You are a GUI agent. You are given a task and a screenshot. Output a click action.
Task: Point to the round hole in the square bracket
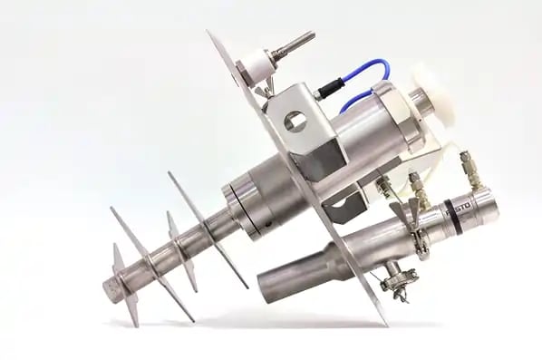click(x=295, y=121)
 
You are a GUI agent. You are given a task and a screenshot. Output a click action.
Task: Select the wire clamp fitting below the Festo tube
click(x=395, y=278)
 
